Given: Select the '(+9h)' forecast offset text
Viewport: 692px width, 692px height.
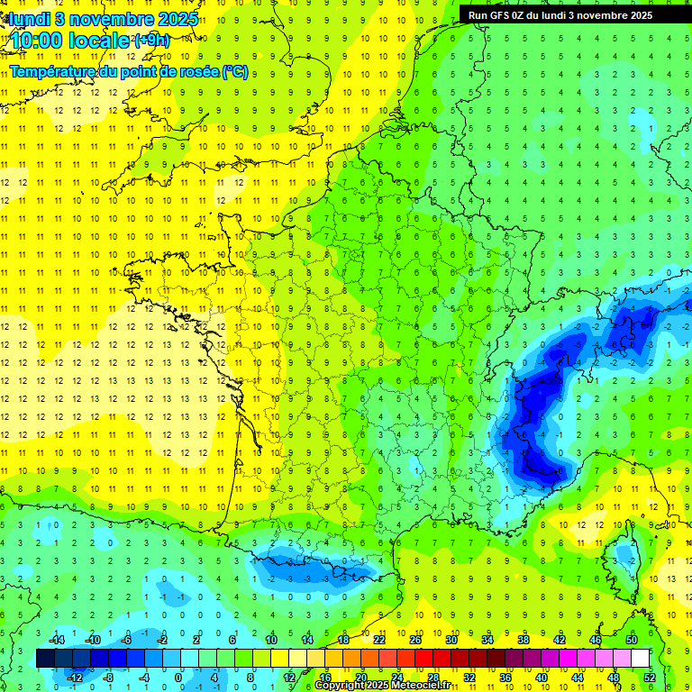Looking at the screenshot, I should point(150,40).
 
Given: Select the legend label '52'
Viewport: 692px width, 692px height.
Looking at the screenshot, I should point(649,678).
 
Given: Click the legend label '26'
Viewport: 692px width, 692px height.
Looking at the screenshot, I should point(415,639).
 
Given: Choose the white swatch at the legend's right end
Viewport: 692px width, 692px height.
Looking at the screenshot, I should point(640,659).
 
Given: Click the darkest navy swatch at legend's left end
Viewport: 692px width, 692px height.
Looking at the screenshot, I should point(46,659).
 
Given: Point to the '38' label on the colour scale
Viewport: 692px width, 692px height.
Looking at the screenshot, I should point(524,639).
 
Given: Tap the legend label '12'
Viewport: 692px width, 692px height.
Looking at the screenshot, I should point(289,678).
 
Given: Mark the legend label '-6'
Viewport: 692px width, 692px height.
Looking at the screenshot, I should point(127,639).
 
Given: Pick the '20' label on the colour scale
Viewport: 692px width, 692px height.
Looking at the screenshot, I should point(361,678).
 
